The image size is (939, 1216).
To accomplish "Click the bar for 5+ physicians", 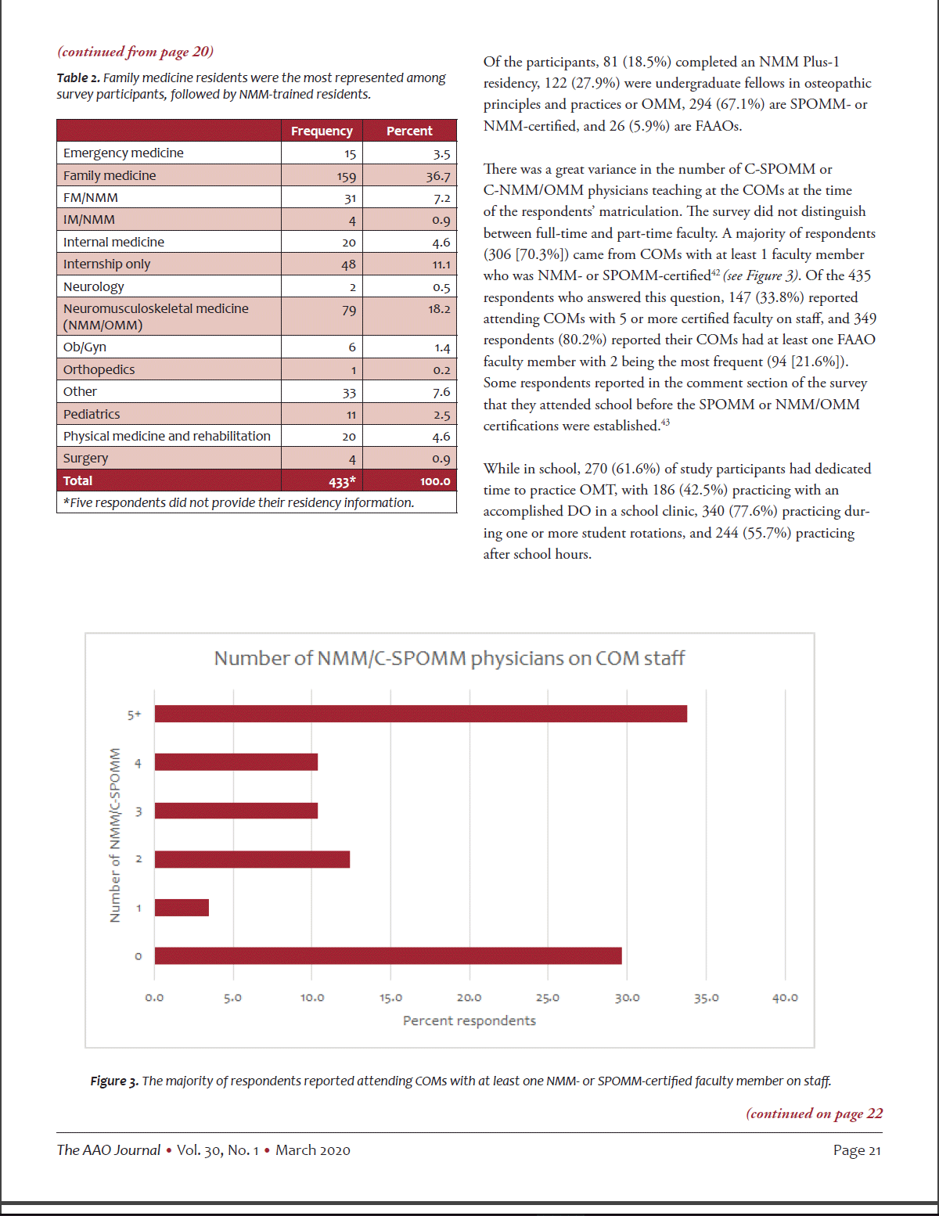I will point(420,714).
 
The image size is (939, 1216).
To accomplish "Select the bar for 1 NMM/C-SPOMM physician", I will point(182,908).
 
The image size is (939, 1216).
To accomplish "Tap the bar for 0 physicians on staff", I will point(388,955).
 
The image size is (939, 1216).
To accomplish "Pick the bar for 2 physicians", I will point(252,859).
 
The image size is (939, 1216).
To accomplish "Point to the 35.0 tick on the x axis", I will point(706,998).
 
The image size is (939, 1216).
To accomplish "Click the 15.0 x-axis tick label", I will point(390,998).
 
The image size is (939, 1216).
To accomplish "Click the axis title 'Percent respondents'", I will point(469,1020).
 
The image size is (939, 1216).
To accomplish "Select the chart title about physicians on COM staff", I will point(449,658).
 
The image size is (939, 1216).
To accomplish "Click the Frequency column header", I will point(322,131).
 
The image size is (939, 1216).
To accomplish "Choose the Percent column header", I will point(409,131).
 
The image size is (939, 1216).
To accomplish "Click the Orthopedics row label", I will point(99,369).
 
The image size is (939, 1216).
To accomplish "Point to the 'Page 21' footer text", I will point(857,1150).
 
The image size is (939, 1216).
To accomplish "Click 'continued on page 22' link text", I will point(814,1113).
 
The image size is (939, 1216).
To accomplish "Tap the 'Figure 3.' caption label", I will point(113,1081).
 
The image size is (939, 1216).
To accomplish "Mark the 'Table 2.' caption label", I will point(77,78).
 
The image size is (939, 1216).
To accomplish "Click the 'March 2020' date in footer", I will point(313,1150).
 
